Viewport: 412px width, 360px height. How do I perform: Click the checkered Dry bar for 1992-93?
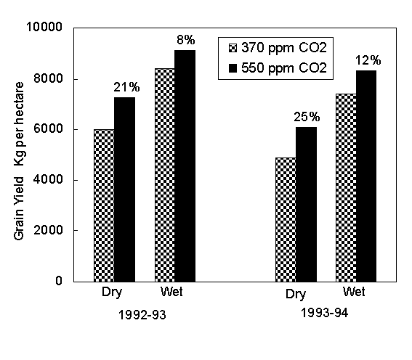click(104, 205)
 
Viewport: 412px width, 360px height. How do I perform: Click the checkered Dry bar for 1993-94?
click(285, 219)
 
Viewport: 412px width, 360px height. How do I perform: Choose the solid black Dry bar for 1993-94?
click(305, 204)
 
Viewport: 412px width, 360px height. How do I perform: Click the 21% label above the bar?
click(125, 87)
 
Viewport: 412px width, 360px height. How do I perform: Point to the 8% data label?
click(185, 38)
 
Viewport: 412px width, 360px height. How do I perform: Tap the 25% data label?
click(306, 116)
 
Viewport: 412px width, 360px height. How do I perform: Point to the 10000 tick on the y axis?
click(47, 28)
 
